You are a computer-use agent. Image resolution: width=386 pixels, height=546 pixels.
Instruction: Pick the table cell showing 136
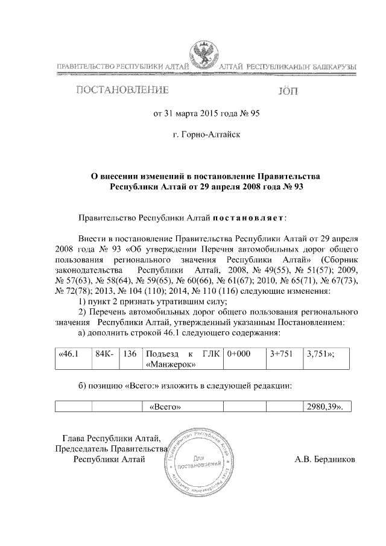(x=130, y=355)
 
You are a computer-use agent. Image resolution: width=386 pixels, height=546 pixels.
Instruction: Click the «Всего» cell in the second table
(x=165, y=407)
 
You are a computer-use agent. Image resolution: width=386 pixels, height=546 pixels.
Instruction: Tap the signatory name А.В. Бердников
(x=324, y=460)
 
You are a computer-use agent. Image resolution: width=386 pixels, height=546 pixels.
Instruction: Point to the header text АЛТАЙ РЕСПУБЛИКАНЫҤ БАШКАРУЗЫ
(x=287, y=66)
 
